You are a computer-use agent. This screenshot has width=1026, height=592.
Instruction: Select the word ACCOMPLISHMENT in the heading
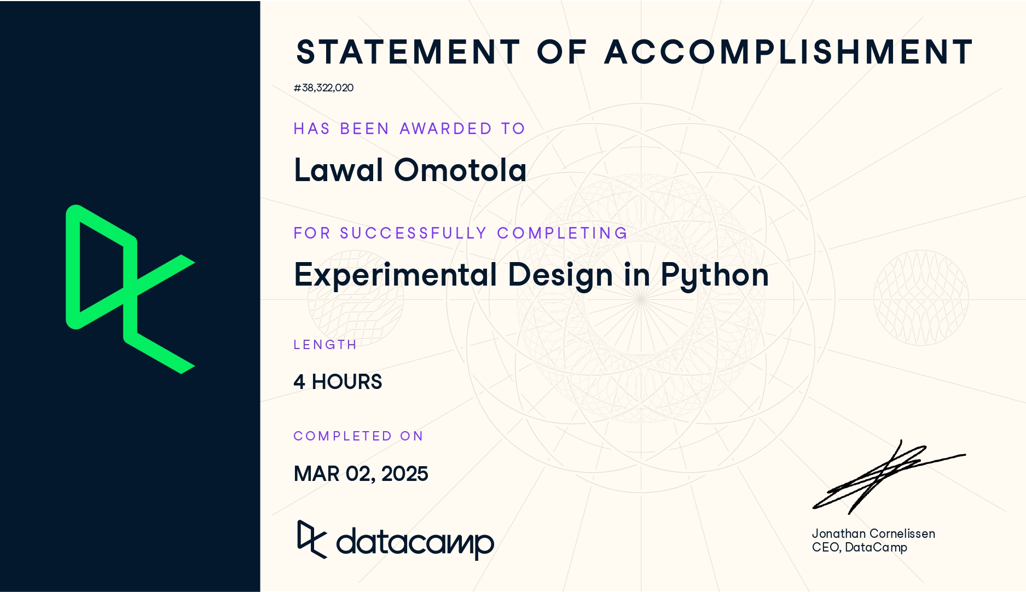(789, 52)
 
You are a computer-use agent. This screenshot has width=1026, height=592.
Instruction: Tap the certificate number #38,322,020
(323, 88)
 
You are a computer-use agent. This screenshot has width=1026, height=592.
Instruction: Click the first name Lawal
(339, 170)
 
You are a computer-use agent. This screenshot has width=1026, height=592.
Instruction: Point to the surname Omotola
(460, 170)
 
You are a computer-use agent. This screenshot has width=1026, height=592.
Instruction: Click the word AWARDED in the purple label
(446, 129)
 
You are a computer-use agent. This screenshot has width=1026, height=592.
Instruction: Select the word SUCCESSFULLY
(413, 233)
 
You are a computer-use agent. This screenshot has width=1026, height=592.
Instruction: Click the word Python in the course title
(715, 275)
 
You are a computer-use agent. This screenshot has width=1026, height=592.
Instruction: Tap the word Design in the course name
(560, 275)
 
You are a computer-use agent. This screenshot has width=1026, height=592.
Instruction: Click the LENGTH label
(325, 345)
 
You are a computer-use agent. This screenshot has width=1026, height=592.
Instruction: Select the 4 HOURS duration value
(338, 382)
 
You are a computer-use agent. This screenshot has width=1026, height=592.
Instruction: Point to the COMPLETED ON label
(358, 436)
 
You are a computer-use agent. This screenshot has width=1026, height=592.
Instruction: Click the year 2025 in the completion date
(404, 474)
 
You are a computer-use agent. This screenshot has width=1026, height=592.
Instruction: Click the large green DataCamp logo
(130, 289)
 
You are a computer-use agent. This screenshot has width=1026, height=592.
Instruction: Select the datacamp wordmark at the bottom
(396, 541)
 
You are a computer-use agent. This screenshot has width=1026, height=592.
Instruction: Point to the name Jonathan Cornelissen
(873, 533)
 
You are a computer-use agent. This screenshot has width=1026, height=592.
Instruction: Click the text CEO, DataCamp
(859, 548)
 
